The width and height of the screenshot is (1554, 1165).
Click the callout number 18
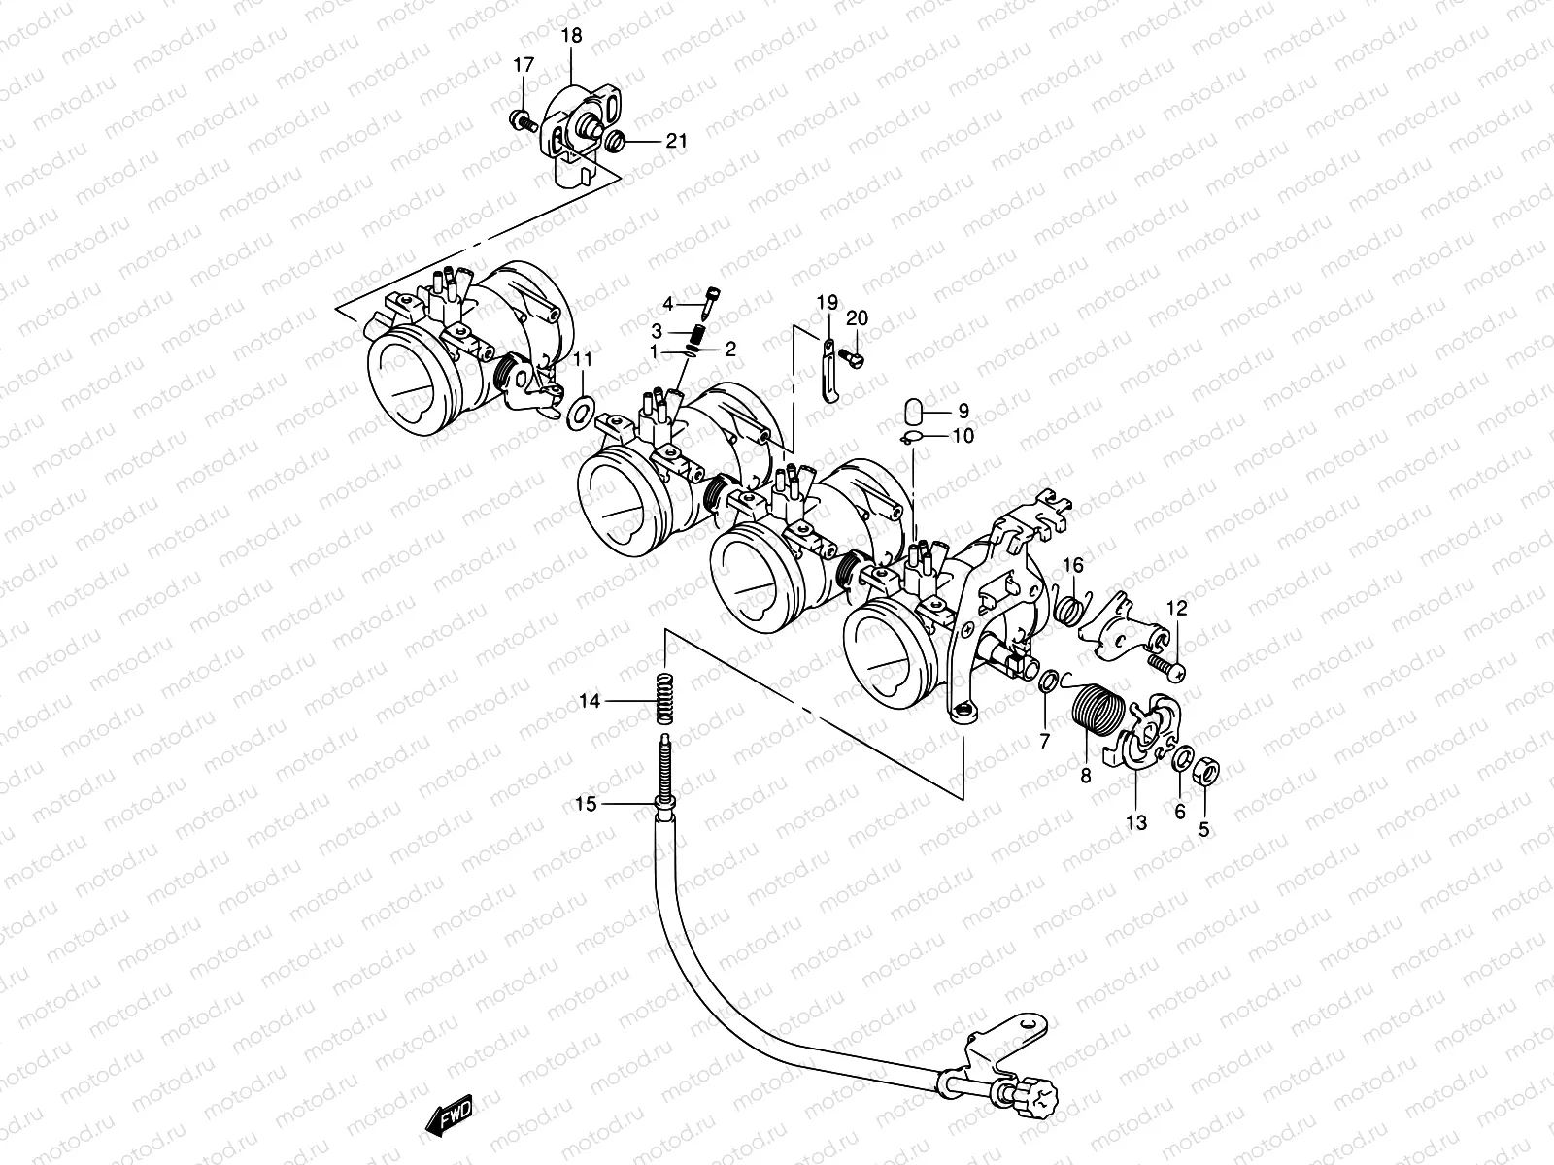pyautogui.click(x=572, y=36)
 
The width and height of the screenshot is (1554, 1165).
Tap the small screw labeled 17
pyautogui.click(x=521, y=121)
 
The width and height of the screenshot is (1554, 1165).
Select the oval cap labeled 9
pyautogui.click(x=913, y=409)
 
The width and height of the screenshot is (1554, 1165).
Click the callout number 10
pyautogui.click(x=963, y=437)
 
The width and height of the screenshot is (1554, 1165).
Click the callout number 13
pyautogui.click(x=1135, y=823)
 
